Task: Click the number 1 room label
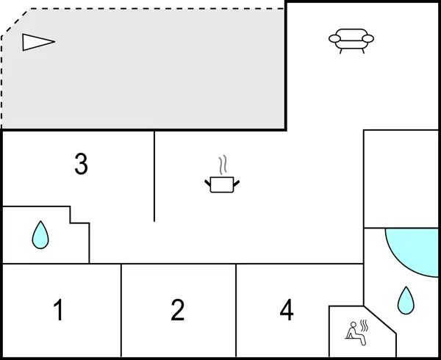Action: tap(58, 311)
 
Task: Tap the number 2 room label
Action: tap(177, 311)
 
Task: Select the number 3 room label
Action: tap(81, 165)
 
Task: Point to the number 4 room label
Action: tap(287, 311)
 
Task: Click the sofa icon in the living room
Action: tap(351, 40)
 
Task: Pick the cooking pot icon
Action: tap(222, 184)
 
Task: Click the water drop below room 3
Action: tap(40, 235)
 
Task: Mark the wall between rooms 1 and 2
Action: tap(121, 311)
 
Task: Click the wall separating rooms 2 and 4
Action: tap(236, 311)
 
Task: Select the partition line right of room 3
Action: tap(154, 176)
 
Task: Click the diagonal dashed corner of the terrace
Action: tap(15, 21)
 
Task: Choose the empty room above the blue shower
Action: tap(401, 179)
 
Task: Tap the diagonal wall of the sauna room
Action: tap(381, 320)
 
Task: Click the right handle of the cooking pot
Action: tap(237, 181)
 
